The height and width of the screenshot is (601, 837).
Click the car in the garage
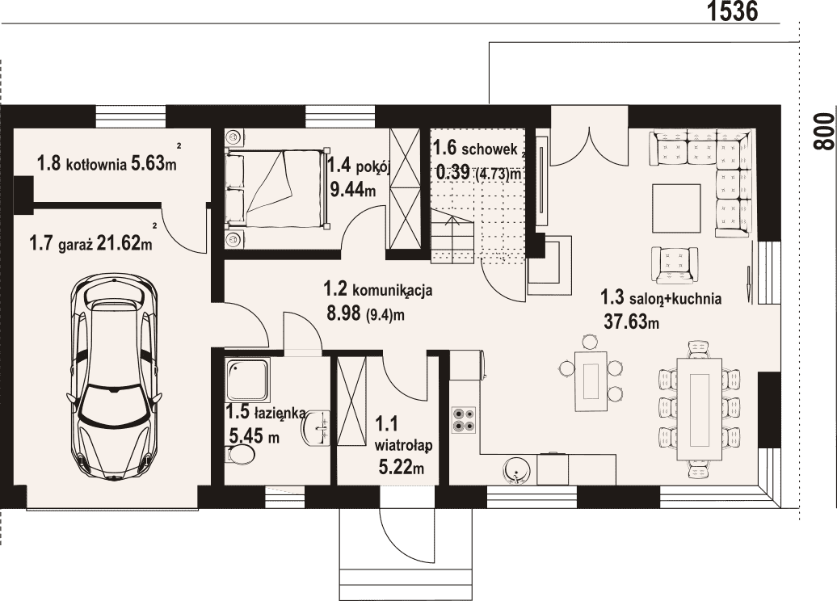tap(114, 376)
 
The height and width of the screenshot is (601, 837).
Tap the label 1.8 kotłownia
tap(82, 163)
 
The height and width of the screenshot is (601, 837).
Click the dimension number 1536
tap(733, 11)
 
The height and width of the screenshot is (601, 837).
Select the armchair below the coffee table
tap(674, 264)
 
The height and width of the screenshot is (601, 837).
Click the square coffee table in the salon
tap(675, 208)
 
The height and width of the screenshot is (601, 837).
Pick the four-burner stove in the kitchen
tap(464, 419)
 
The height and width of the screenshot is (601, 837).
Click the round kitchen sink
tap(516, 470)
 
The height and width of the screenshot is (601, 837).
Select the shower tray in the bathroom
tap(248, 380)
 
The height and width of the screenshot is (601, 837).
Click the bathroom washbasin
tap(318, 427)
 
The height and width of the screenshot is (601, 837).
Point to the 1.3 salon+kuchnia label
tap(661, 297)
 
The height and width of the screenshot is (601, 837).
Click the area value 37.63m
tap(632, 322)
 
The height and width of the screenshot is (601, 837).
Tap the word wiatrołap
tap(403, 445)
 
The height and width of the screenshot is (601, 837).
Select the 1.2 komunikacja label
tap(378, 290)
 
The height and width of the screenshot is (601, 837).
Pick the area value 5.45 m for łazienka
tap(254, 435)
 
